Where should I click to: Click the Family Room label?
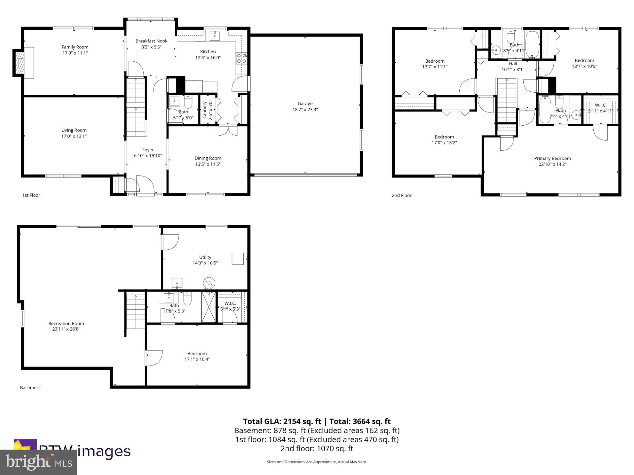click(75, 47)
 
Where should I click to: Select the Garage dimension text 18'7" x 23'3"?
click(305, 110)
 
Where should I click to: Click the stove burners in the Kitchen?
click(241, 58)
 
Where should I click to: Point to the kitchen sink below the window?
click(215, 35)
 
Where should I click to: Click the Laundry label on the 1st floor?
click(204, 110)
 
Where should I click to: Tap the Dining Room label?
click(208, 158)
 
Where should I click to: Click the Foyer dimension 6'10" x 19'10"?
click(148, 156)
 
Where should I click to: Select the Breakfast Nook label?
click(152, 41)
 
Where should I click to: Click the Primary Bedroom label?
click(552, 158)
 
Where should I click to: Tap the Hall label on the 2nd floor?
click(513, 64)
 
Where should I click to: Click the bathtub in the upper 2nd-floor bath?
click(532, 45)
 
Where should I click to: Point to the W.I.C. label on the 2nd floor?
click(601, 105)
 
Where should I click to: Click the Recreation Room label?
click(66, 323)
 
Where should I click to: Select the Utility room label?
click(205, 257)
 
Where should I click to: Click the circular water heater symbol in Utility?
click(209, 283)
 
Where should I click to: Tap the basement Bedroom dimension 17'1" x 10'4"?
click(197, 359)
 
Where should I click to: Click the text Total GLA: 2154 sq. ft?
click(282, 421)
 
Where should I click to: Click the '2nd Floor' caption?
click(402, 195)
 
